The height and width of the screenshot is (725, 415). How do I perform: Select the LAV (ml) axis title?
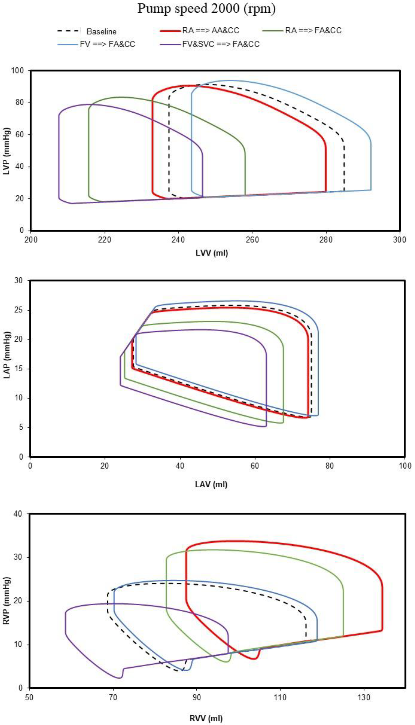(x=211, y=484)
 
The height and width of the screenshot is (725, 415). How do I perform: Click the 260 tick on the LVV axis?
(x=252, y=240)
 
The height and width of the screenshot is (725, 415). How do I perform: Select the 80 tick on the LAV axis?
(x=330, y=466)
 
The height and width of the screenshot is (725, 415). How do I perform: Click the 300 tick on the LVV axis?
(x=400, y=240)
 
